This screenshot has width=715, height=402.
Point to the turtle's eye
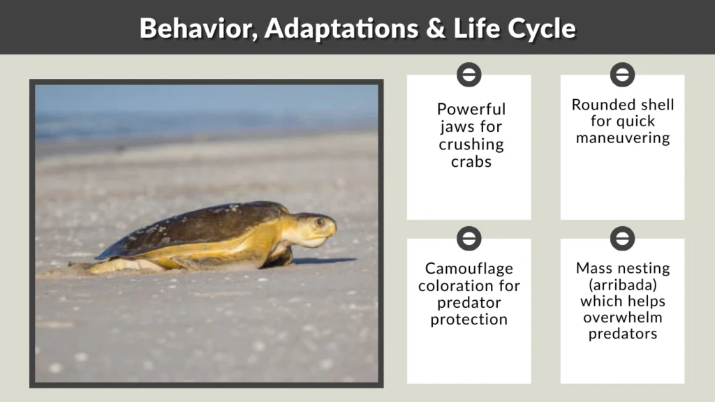click(320, 223)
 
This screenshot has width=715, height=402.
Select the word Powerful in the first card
click(471, 109)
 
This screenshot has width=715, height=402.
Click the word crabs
click(471, 162)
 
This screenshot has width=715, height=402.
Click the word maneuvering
click(622, 138)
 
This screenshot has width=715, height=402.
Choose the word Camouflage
click(469, 269)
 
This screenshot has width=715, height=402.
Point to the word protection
click(469, 320)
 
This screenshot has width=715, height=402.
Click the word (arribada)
click(622, 285)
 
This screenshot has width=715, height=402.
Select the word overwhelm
click(622, 318)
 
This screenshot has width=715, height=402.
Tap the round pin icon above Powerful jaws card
click(469, 74)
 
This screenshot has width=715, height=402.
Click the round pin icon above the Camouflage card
click(469, 238)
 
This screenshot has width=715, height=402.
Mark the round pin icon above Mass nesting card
click(622, 238)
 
